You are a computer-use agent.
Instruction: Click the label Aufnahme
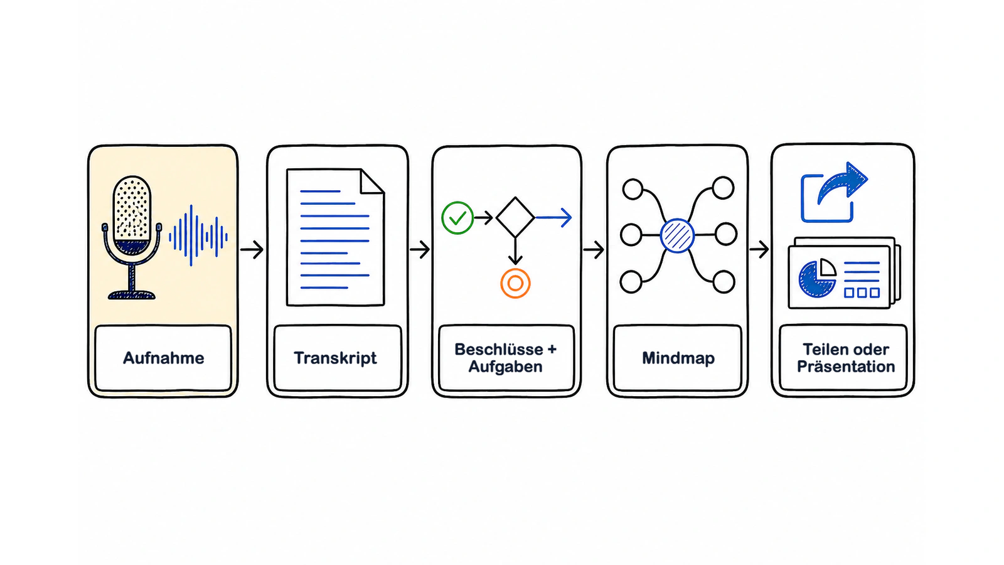click(164, 358)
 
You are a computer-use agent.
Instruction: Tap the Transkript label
click(335, 358)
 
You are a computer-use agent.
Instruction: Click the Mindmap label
click(678, 358)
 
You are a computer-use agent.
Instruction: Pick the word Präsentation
click(846, 367)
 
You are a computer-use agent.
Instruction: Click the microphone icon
click(132, 237)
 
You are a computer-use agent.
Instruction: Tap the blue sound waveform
click(198, 235)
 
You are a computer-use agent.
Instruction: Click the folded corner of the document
click(372, 181)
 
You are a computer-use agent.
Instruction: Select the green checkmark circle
click(457, 218)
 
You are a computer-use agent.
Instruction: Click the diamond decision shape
click(515, 217)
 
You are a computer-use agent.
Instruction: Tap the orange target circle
click(515, 283)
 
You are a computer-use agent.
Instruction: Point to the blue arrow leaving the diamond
click(554, 217)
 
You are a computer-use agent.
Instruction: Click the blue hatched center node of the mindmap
click(677, 236)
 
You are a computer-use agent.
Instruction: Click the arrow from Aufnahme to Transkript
click(252, 249)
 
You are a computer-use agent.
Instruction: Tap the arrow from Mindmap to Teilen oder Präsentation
click(759, 249)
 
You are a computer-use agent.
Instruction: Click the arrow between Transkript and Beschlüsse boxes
click(420, 249)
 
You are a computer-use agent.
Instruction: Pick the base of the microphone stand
click(132, 294)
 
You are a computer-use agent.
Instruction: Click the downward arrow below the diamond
click(515, 251)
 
